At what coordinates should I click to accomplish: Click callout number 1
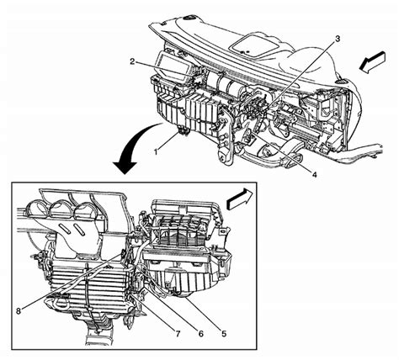156,151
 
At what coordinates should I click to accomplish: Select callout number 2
133,61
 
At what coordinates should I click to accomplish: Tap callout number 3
338,39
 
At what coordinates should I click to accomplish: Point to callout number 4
314,174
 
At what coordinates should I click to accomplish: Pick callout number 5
224,334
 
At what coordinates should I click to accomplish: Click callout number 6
200,334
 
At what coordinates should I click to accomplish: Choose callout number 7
178,334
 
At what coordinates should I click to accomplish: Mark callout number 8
19,311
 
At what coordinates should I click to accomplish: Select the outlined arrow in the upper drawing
372,62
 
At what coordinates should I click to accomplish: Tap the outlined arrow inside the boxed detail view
240,199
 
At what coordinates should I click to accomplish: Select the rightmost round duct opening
84,209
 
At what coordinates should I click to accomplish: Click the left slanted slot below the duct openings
65,228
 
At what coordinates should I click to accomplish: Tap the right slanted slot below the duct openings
79,230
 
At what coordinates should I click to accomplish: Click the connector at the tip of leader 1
183,131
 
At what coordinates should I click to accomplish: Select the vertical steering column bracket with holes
225,137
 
